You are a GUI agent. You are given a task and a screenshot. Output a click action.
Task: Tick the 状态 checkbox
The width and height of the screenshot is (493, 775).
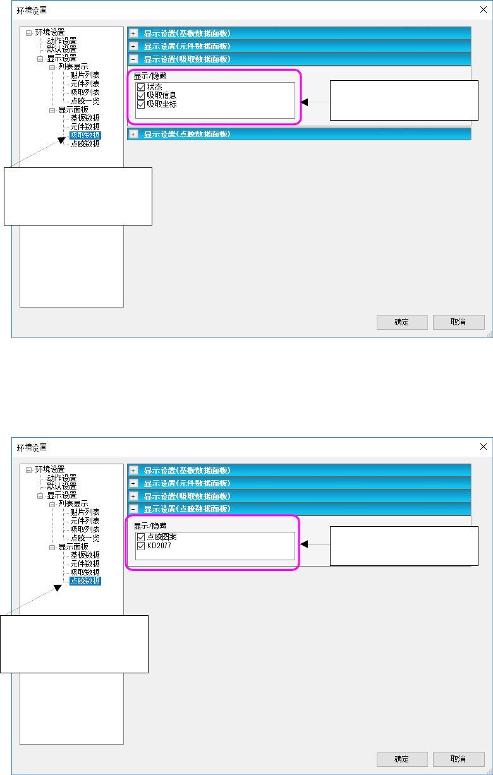(141, 87)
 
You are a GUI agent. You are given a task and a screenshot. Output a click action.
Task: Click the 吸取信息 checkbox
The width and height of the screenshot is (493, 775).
(141, 95)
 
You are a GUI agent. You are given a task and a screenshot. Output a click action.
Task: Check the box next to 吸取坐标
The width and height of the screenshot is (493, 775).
(141, 104)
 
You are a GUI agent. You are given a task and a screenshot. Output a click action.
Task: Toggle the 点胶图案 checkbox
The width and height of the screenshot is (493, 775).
(141, 537)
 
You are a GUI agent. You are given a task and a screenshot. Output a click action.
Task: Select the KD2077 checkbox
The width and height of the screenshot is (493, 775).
(141, 545)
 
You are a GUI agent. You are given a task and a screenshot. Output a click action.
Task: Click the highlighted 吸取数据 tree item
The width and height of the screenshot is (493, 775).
(85, 135)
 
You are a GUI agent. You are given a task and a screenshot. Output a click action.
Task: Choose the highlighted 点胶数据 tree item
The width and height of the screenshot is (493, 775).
(85, 580)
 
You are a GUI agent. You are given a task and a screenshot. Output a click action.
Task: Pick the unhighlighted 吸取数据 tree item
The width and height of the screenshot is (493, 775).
(85, 572)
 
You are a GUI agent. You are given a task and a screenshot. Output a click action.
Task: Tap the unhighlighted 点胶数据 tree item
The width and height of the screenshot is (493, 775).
(85, 144)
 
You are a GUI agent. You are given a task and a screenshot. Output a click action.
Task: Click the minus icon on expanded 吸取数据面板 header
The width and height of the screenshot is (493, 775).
(133, 59)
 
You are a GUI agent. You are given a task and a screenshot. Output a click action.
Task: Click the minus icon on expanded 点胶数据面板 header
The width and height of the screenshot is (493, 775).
(133, 508)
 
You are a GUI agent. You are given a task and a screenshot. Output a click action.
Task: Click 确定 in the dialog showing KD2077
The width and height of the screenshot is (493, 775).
(402, 759)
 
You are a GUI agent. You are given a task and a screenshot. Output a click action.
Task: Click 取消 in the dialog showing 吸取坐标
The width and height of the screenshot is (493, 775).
(458, 322)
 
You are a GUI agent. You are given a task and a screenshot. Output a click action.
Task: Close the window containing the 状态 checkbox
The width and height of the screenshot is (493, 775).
(484, 9)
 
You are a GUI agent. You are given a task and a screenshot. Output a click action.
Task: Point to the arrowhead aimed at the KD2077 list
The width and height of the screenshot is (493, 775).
(305, 543)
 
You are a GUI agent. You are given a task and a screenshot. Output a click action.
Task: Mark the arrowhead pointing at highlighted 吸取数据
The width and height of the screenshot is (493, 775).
(60, 143)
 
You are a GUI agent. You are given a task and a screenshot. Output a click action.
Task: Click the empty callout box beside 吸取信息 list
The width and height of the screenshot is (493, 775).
(404, 100)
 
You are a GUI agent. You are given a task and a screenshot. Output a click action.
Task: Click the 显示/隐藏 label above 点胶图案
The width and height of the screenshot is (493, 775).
(150, 526)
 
